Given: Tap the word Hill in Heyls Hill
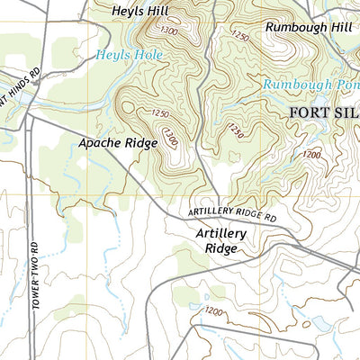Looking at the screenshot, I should coord(158,12).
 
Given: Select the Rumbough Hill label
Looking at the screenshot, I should coord(307,27).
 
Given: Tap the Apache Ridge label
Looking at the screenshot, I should coord(112,142).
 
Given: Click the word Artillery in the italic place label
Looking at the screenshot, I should coord(220,232).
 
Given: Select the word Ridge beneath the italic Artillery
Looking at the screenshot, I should coord(220,248).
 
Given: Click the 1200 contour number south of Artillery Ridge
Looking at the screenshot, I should coord(212,311).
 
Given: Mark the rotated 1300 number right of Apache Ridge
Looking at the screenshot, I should coord(169,137).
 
